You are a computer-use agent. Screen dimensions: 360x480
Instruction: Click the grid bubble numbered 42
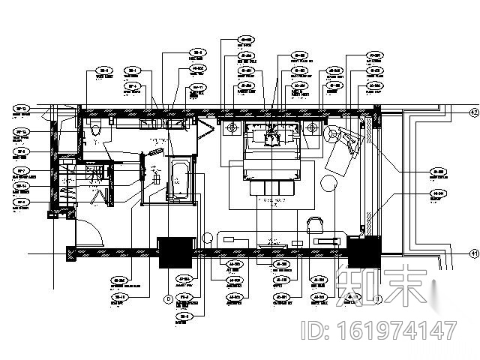pos(473,112)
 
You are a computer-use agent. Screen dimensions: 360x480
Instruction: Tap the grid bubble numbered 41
pos(473,253)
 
